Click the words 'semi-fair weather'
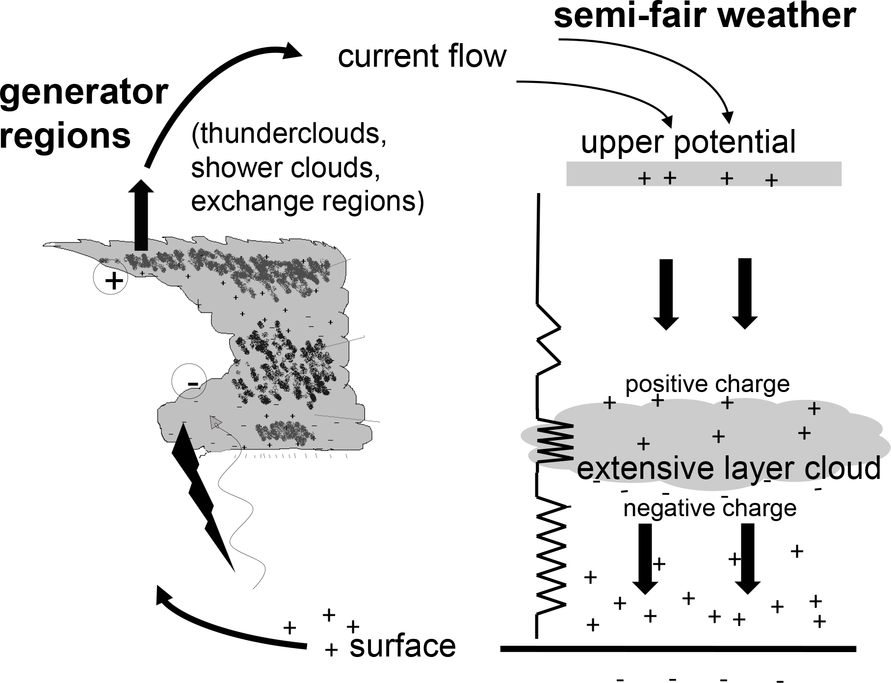tap(705, 16)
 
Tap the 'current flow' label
tap(422, 56)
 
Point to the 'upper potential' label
tap(688, 142)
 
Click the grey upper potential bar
tap(704, 174)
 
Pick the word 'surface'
tap(402, 646)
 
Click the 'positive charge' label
tap(707, 384)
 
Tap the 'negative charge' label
tap(709, 509)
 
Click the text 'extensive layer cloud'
tap(729, 468)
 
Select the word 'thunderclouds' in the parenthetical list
tap(289, 134)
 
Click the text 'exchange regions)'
tap(307, 201)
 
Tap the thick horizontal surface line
tap(678, 649)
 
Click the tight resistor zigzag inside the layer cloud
tap(555, 442)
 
